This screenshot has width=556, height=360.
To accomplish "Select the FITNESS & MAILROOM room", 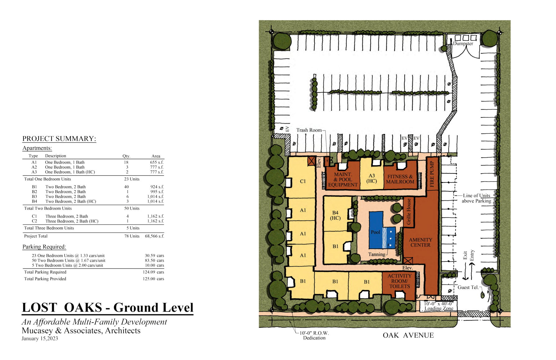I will click(x=400, y=179).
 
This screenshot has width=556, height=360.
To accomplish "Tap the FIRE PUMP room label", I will click(x=432, y=174).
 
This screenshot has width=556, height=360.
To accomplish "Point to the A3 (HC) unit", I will click(x=371, y=178).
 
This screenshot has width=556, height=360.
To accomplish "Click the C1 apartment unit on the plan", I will click(x=303, y=181).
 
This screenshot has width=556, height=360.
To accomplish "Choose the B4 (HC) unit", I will click(x=335, y=215).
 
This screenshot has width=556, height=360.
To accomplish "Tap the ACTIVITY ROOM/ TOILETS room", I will click(x=399, y=281).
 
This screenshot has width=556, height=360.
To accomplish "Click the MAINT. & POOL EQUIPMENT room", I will click(x=343, y=180).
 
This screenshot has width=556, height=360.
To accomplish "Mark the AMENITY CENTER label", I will click(x=421, y=242).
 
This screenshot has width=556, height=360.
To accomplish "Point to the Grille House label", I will click(x=409, y=211).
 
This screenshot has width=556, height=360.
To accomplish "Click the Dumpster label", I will click(x=463, y=44).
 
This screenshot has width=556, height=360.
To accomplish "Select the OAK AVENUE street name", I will click(x=408, y=335).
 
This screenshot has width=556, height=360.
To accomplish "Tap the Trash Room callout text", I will click(x=309, y=130).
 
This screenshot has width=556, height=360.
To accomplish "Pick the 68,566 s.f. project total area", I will click(x=154, y=236).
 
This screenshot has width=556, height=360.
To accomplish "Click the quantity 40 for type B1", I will click(x=126, y=187).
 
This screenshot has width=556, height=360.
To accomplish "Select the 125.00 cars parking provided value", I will click(x=153, y=279).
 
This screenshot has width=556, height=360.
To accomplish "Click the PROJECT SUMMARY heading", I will click(x=59, y=139).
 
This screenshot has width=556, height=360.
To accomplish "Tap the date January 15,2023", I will click(x=40, y=339).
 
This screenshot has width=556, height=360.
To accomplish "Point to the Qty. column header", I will click(x=126, y=156).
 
